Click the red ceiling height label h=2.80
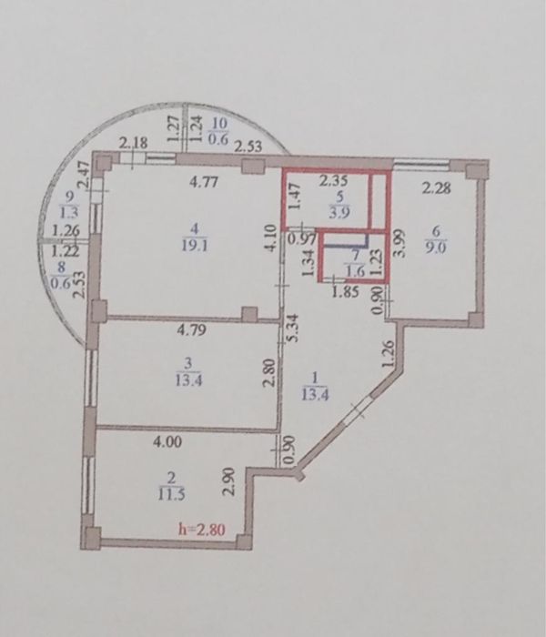click(202, 529)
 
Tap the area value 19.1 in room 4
click(195, 247)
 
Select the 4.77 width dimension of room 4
click(204, 182)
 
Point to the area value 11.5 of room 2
click(172, 495)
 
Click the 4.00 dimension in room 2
click(167, 441)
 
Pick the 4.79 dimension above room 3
click(192, 329)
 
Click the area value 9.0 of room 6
click(436, 247)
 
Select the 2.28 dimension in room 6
click(436, 188)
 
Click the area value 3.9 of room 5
click(339, 212)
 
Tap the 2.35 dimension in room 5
click(333, 180)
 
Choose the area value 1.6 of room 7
click(356, 271)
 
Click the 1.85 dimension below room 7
click(345, 291)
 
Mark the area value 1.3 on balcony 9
click(70, 212)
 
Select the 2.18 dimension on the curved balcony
click(133, 144)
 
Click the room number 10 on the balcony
click(219, 123)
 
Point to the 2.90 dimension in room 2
click(229, 481)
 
